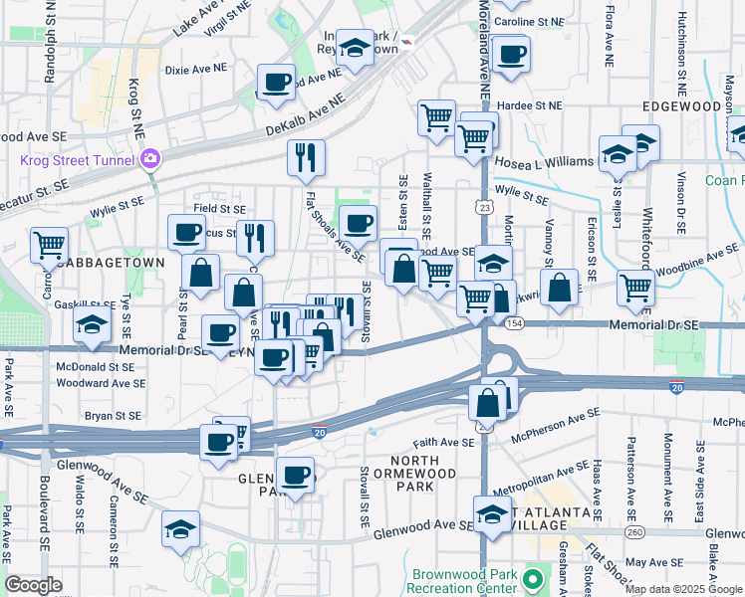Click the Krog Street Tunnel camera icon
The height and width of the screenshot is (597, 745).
[x=150, y=157]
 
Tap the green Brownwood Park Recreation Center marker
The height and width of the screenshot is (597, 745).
[x=533, y=578]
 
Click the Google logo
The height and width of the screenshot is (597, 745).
[x=33, y=585]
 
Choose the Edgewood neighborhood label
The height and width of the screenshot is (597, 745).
[x=682, y=105]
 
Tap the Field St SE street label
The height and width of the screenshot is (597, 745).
[x=219, y=209]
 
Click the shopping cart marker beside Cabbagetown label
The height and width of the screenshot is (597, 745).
[x=49, y=244]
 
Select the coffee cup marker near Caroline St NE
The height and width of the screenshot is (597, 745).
[x=512, y=55]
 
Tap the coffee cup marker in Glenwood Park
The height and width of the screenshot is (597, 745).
[x=294, y=475]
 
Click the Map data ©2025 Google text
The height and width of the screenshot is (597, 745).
[x=682, y=588]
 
